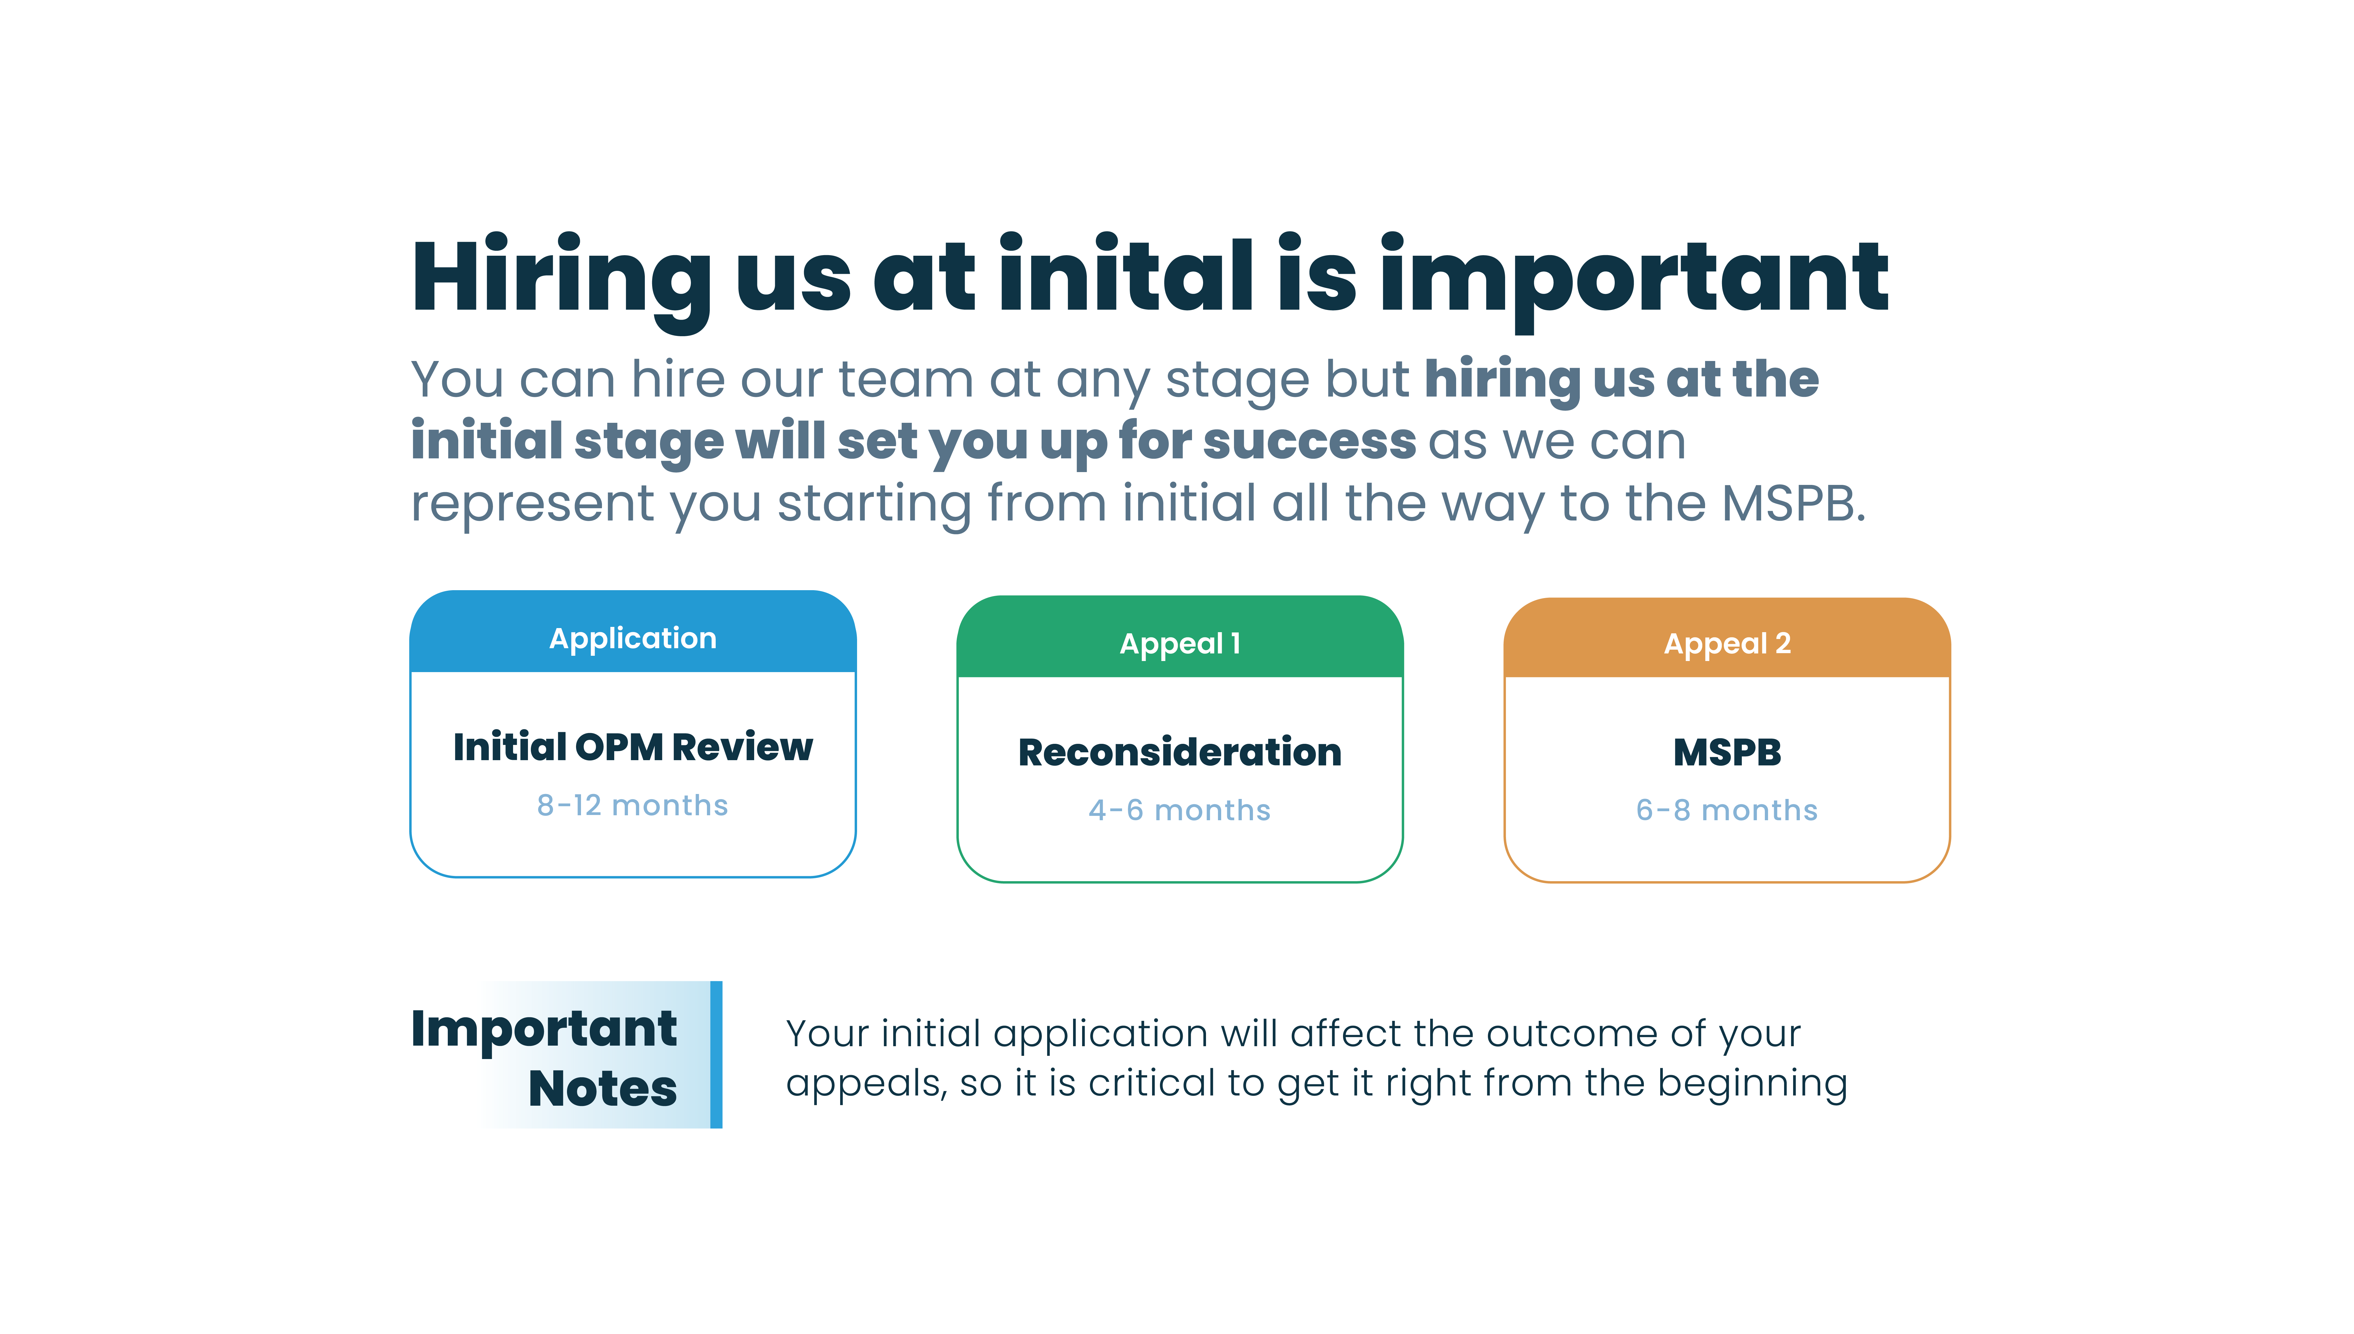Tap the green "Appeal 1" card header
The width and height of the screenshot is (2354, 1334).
1180,637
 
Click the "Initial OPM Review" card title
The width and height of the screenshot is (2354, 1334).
633,747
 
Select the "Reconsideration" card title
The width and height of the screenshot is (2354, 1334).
1180,752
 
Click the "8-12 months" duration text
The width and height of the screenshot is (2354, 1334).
633,805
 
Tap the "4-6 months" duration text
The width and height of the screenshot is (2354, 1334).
1180,810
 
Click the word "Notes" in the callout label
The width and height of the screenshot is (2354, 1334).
603,1088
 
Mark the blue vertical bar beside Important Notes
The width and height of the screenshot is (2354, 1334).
716,1055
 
